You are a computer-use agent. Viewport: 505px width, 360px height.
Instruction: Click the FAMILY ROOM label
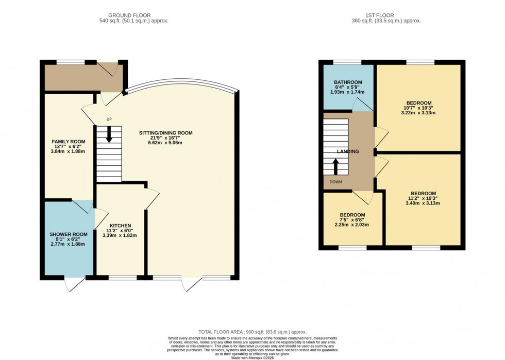pos(68,142)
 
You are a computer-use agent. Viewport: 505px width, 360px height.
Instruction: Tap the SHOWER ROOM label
pos(68,234)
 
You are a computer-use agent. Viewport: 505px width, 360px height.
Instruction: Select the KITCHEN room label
pos(120,226)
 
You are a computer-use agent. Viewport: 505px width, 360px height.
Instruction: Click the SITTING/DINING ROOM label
pos(165,133)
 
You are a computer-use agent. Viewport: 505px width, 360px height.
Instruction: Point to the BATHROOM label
pos(348,82)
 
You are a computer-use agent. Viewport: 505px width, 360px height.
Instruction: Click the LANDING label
pos(348,151)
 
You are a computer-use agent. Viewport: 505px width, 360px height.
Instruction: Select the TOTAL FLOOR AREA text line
pos(252,332)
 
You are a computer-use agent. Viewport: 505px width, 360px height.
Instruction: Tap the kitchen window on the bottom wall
pos(123,278)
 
